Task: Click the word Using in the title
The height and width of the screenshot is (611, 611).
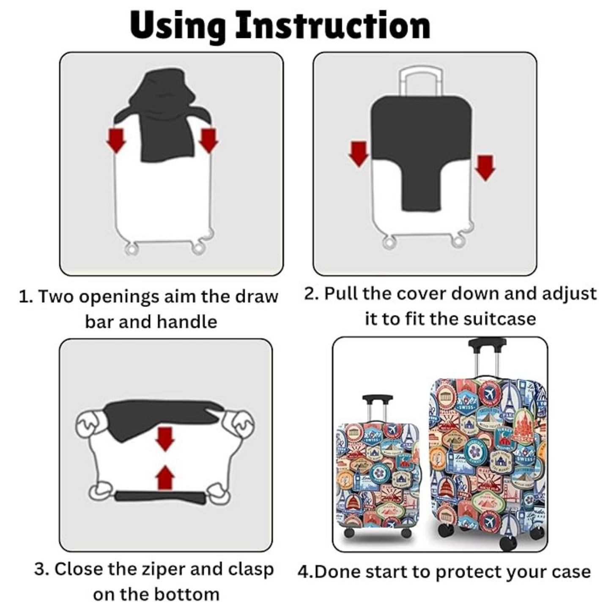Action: tap(178, 26)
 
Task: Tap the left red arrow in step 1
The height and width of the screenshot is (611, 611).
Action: tap(116, 140)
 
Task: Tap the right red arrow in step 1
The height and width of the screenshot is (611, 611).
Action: tap(208, 140)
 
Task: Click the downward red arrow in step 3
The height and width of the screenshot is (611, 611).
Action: tap(165, 438)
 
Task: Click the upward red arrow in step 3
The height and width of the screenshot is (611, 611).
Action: tap(165, 477)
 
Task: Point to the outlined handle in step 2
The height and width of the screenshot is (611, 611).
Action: tap(422, 80)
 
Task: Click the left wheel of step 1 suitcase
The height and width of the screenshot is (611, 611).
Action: tap(132, 248)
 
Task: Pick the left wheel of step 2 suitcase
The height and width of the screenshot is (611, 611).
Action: tap(389, 243)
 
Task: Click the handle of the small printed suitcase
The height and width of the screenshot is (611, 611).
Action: tap(377, 400)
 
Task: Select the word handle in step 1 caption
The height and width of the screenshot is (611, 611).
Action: tap(186, 322)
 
